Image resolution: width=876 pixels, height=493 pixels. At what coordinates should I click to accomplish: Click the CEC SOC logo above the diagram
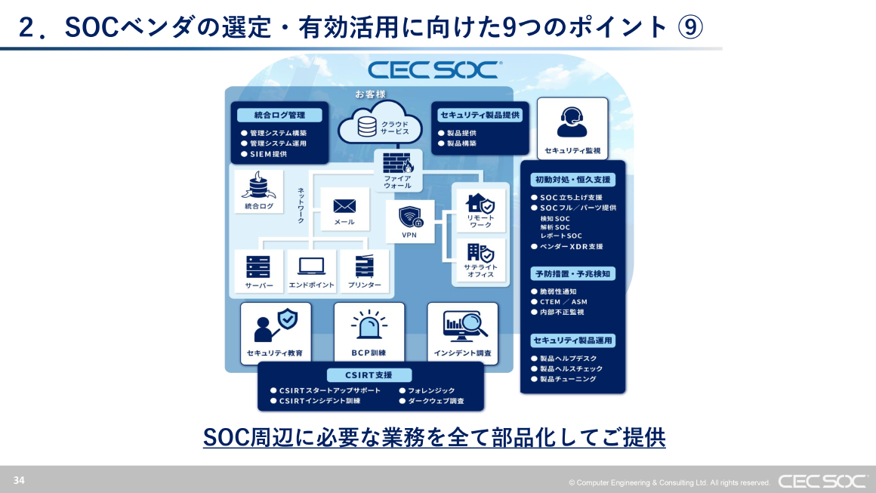coord(433,70)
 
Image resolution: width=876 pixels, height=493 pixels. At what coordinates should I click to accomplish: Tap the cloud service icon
coord(368,125)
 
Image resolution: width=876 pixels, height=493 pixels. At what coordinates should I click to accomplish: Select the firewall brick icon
coord(397,164)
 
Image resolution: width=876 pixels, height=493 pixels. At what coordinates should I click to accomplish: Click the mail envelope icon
coord(344,206)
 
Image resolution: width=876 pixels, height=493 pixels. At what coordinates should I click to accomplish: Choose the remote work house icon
coord(480,203)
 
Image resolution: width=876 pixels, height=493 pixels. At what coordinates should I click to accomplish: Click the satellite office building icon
coord(480,252)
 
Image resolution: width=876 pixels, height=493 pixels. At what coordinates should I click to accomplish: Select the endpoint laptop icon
coord(311,267)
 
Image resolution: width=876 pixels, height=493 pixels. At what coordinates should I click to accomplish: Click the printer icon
coord(364,267)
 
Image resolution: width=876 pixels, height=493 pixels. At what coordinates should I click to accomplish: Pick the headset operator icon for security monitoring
coord(572,120)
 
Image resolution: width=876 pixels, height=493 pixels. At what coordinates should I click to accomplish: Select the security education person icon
coord(275,325)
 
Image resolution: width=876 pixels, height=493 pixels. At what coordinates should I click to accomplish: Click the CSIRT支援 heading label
coord(370,375)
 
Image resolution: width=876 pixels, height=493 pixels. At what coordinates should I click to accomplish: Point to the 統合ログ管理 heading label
coord(279,116)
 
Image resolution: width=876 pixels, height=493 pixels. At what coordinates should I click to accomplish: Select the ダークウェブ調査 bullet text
coord(436,401)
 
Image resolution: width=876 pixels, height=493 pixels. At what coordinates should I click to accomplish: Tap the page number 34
coord(19,480)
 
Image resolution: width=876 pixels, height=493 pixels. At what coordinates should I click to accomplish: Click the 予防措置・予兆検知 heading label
coord(572,273)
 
